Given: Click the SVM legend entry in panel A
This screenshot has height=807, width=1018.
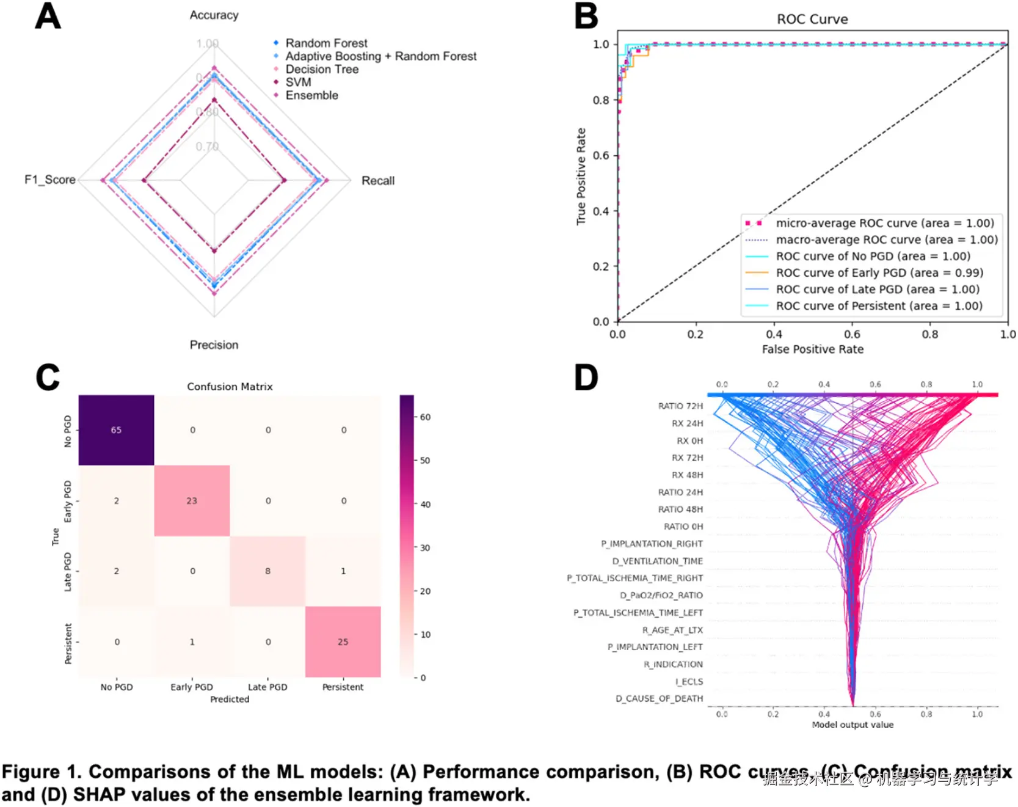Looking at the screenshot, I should point(298,82).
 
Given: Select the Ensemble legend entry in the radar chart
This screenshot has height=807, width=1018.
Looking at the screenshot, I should point(311,95).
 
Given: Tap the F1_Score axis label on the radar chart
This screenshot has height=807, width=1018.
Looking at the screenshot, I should point(50,180).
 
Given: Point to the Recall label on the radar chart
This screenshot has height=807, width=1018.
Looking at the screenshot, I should point(377,181).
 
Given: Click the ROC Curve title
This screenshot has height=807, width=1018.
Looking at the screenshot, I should point(812,20).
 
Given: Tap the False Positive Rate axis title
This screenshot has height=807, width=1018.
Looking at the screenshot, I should point(812,349).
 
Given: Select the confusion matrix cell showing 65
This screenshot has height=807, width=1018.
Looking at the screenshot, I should point(116,430).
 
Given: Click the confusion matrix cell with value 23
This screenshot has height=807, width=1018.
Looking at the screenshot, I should point(192,501).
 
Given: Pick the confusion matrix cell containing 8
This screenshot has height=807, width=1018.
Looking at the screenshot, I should point(267,571).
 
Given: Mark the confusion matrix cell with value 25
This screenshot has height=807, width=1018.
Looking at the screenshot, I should point(343,642).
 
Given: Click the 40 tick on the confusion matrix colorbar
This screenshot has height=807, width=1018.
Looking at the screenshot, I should point(425,505).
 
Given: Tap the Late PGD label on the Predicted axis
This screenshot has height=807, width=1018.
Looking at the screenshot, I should point(267,687).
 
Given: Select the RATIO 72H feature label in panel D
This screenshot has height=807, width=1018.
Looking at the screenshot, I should point(680,406).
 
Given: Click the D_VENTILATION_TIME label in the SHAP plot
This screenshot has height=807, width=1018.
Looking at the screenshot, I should point(657,561).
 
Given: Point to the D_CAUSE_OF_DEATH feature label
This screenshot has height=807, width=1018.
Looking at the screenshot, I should point(659,699).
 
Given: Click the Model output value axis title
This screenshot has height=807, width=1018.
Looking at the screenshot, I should point(852,725).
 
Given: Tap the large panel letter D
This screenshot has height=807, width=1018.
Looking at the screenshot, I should point(586,378).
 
